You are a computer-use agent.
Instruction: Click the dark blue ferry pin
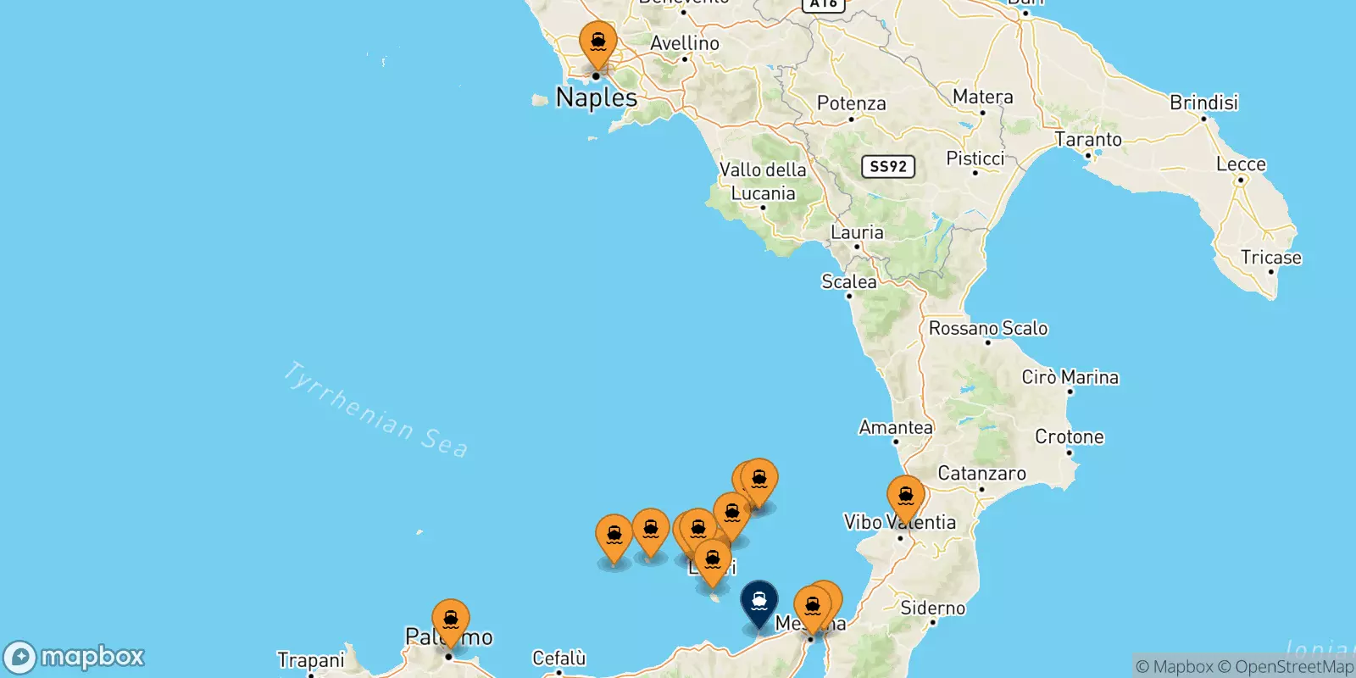coord(759,602)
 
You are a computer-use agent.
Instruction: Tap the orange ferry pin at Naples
coord(598,42)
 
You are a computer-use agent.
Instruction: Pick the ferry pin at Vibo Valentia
coord(905,497)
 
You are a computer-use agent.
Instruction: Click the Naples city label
coord(597,98)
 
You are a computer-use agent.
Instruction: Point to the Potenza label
coord(851,103)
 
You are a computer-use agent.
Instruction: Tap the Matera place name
coord(982,97)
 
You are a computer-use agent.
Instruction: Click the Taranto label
coord(1087,139)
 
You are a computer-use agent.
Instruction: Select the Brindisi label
coord(1203,103)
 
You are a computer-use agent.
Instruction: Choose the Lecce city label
coord(1241,164)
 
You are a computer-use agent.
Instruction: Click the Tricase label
coord(1270,258)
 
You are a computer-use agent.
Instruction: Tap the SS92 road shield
coord(888,166)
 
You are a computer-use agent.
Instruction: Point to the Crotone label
coord(1069,437)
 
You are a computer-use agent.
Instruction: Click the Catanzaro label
coord(981,473)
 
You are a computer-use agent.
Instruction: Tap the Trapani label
coord(311,660)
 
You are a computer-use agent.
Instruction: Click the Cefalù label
coord(559,658)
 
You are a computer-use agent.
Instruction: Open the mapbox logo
coord(75,657)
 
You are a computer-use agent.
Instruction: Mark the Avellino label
coord(685,43)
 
